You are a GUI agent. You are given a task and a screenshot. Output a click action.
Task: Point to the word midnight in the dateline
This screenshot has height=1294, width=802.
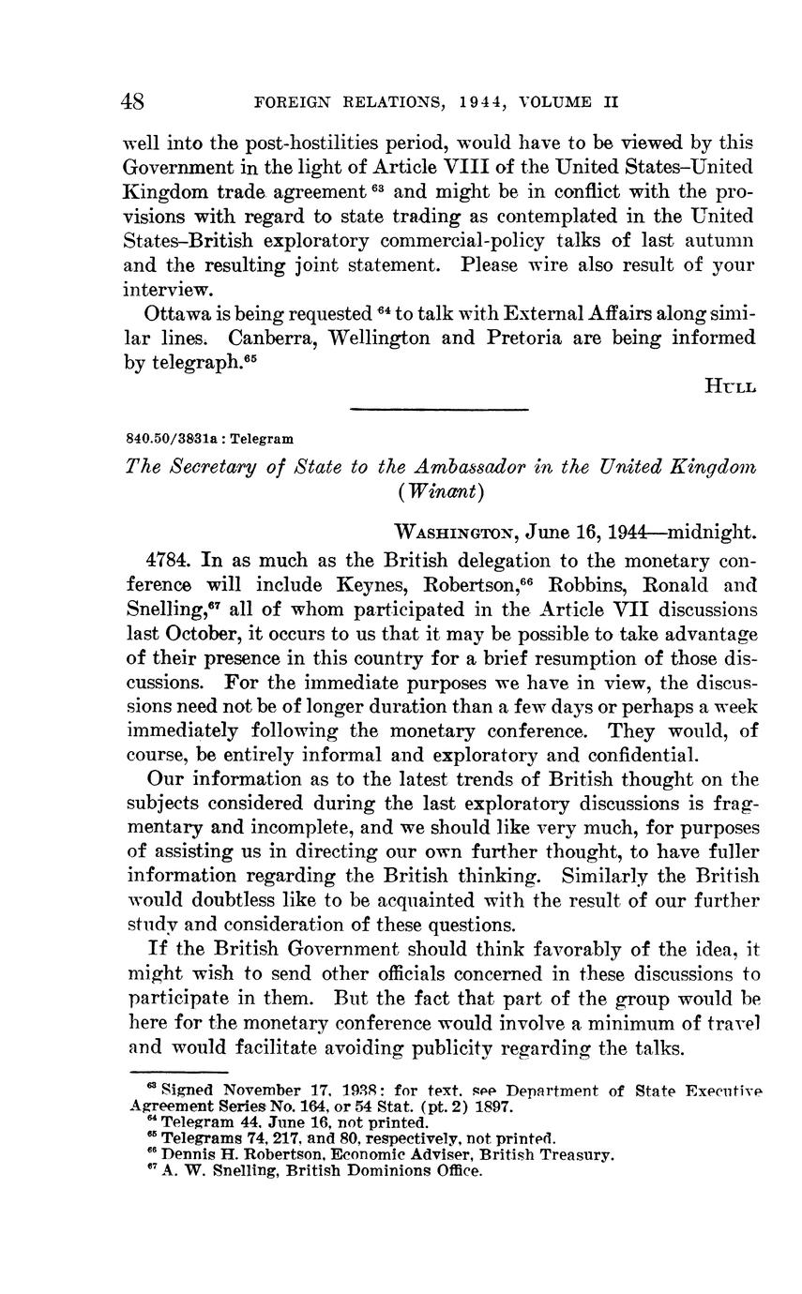[710, 533]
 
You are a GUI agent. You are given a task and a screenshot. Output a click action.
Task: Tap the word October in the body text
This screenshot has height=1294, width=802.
[204, 634]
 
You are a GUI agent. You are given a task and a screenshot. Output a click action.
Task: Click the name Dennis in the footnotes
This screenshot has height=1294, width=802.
[191, 1154]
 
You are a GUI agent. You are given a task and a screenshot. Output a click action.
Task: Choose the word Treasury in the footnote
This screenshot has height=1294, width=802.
[580, 1154]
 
